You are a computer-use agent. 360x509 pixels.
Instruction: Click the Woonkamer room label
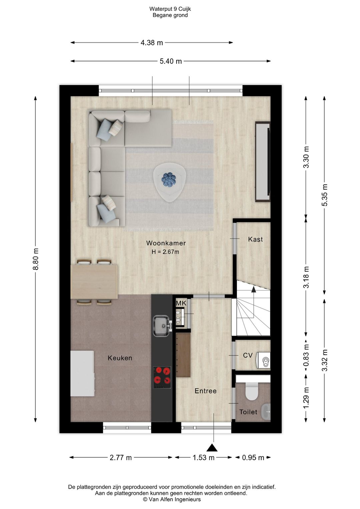pyautogui.click(x=166, y=243)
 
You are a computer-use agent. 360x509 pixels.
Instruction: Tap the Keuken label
pyautogui.click(x=120, y=358)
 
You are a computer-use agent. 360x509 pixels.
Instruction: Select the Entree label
pyautogui.click(x=206, y=391)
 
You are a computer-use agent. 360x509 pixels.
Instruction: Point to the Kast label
pyautogui.click(x=255, y=239)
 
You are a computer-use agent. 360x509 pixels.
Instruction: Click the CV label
pyautogui.click(x=248, y=355)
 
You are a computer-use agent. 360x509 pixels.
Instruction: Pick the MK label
pyautogui.click(x=181, y=303)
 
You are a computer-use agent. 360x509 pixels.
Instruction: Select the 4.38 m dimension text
pyautogui.click(x=152, y=43)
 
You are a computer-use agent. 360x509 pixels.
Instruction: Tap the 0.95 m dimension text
pyautogui.click(x=253, y=457)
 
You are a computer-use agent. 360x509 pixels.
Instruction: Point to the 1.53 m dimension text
pyautogui.click(x=203, y=457)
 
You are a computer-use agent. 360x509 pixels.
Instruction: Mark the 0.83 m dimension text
pyautogui.click(x=306, y=355)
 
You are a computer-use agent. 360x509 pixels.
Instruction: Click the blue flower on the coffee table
pyautogui.click(x=169, y=179)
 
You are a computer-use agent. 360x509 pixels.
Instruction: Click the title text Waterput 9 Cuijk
pyautogui.click(x=170, y=9)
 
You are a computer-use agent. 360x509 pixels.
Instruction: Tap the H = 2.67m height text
pyautogui.click(x=165, y=252)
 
